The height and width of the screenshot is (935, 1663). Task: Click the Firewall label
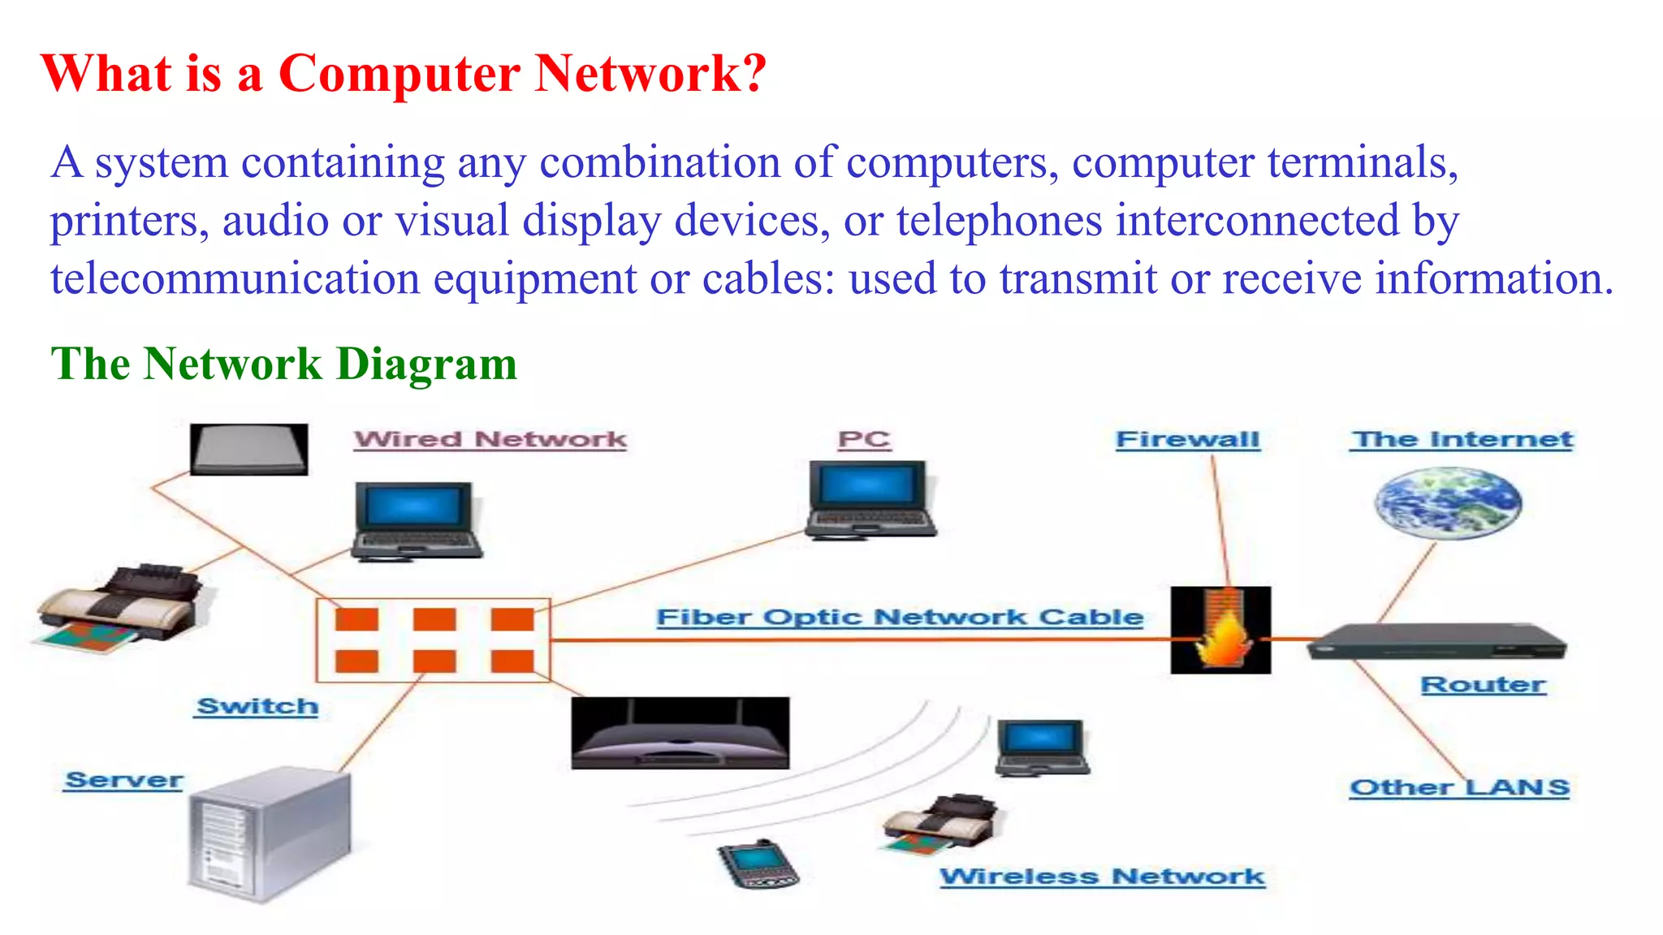click(1187, 439)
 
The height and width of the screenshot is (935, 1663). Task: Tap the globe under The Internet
click(1448, 502)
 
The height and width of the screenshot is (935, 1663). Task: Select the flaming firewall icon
click(1220, 631)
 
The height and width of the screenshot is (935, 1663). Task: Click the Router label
click(1483, 684)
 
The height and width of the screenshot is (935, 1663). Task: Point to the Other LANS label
click(1459, 787)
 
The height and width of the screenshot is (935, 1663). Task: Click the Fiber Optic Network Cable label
click(900, 617)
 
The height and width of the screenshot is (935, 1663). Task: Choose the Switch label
click(257, 706)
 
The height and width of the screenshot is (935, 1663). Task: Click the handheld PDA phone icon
click(757, 864)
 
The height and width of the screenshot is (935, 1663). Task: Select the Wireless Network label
click(1102, 877)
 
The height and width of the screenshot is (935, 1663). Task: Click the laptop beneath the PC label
click(870, 500)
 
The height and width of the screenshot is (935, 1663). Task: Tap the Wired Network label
click(490, 439)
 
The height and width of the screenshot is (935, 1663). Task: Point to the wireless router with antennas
click(680, 733)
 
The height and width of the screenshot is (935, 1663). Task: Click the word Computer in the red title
click(399, 74)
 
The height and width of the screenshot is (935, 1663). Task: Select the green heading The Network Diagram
click(283, 363)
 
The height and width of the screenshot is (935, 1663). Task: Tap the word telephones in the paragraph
click(1000, 221)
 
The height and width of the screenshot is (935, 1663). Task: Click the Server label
click(123, 780)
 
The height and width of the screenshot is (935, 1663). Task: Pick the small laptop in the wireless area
click(1042, 747)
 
